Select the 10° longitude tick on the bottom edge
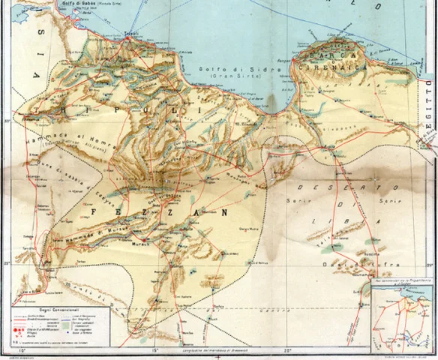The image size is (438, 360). pos(22,349)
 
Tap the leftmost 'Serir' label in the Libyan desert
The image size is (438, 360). pos(295,202)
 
